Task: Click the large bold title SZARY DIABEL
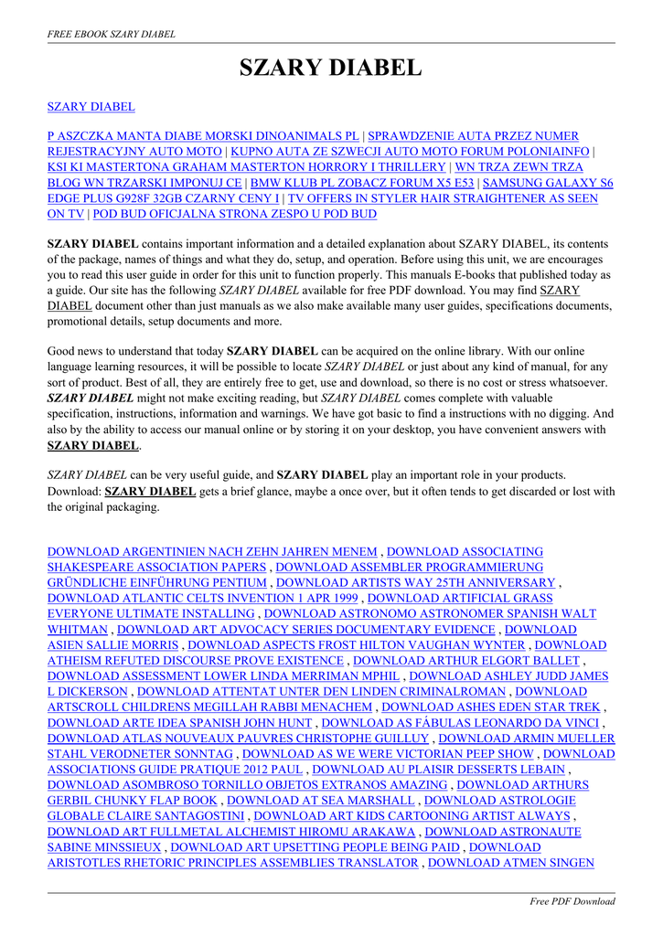tap(331, 69)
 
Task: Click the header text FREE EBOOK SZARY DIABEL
tap(111, 34)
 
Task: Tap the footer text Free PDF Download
tap(572, 901)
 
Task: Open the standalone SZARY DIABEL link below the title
tap(91, 107)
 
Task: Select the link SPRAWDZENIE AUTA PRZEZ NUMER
tap(487, 136)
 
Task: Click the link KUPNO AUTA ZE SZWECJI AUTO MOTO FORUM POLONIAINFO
tap(411, 152)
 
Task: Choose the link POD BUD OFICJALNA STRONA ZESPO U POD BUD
tap(235, 214)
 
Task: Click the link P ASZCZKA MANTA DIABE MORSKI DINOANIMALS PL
tap(202, 136)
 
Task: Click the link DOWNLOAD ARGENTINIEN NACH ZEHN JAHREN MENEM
tap(211, 552)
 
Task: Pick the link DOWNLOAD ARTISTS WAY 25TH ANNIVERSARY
tap(415, 583)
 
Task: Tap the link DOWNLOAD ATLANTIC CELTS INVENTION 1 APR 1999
tap(202, 599)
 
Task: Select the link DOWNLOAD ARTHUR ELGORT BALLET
tap(467, 661)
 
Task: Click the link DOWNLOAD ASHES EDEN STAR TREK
tap(491, 707)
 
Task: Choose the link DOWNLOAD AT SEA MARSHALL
tap(320, 801)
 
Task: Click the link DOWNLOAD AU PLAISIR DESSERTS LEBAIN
tap(439, 770)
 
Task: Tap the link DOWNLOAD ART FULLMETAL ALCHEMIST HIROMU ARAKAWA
tap(230, 832)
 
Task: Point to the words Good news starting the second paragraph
tap(76, 351)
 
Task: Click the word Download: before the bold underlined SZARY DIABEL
tap(74, 491)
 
